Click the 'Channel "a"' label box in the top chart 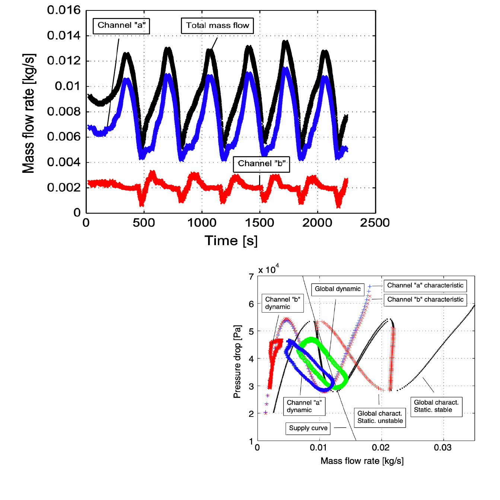[121, 26]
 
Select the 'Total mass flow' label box [217, 26]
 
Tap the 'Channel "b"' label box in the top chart [261, 164]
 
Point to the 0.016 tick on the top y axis [64, 10]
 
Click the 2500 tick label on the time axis [375, 223]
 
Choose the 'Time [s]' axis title [231, 241]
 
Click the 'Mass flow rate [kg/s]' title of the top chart [29, 113]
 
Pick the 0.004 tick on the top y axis [64, 162]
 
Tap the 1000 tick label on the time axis [202, 223]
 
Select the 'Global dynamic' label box [338, 289]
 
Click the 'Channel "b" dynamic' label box [283, 303]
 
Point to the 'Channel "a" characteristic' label [425, 286]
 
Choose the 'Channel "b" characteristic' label [425, 300]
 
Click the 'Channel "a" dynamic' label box [304, 406]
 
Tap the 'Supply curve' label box [308, 428]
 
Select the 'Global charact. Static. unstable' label [380, 417]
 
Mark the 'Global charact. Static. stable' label [436, 406]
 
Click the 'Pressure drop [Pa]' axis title [237, 361]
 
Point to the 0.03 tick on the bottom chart [443, 447]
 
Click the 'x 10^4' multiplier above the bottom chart [268, 269]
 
